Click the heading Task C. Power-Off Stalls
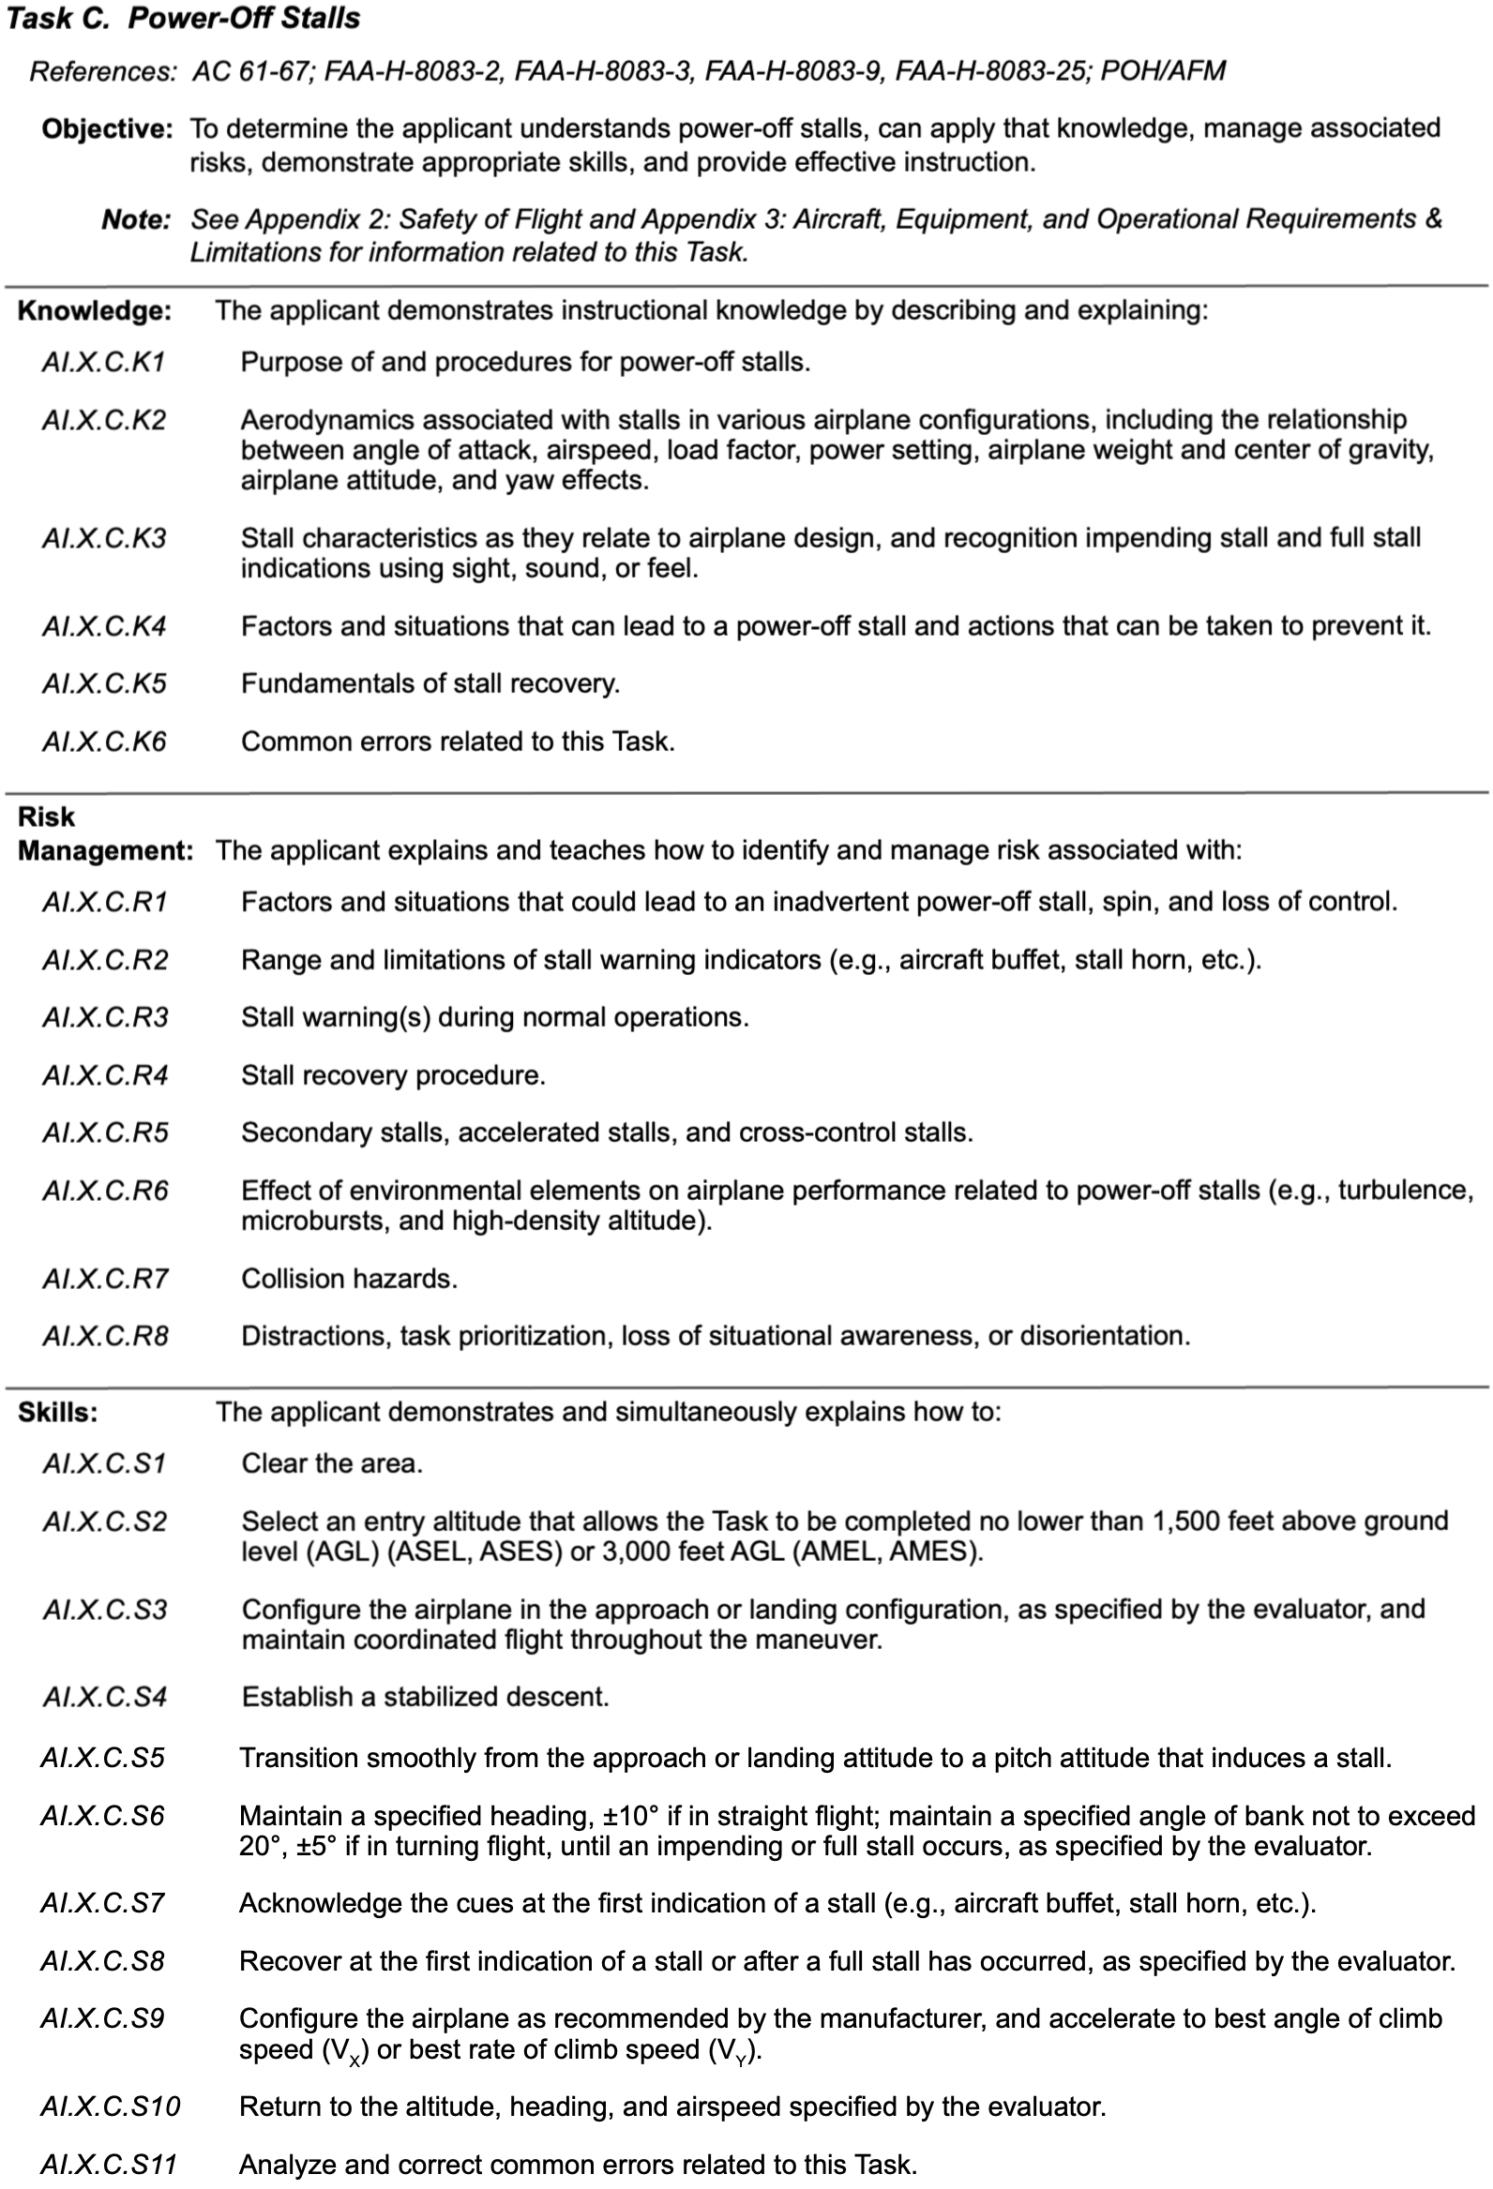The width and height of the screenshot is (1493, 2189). (x=183, y=19)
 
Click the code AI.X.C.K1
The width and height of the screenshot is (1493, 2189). (x=103, y=363)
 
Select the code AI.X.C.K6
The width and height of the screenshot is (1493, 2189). (x=103, y=742)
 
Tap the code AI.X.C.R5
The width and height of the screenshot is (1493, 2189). (x=105, y=1132)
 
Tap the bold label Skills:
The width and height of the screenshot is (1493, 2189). (x=58, y=1412)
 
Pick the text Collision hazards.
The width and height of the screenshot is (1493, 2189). (x=350, y=1278)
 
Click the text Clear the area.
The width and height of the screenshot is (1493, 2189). (x=333, y=1462)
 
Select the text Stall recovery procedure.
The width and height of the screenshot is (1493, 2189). (x=394, y=1074)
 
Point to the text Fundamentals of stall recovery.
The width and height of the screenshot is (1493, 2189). (x=430, y=683)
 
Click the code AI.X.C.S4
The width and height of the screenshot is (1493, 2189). (x=104, y=1697)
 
